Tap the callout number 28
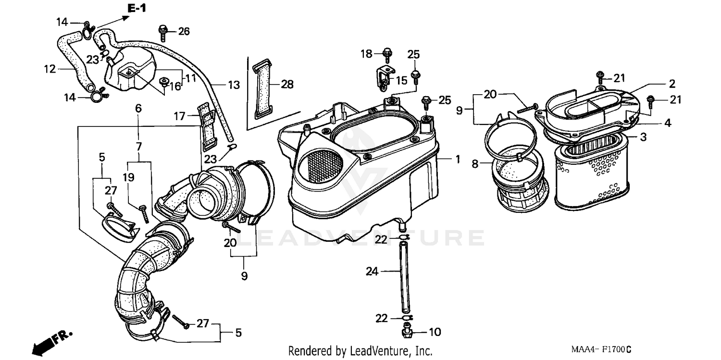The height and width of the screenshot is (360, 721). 287,85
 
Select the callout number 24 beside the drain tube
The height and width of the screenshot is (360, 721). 372,272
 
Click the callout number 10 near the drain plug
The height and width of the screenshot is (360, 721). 434,332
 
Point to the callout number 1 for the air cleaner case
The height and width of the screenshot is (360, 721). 458,159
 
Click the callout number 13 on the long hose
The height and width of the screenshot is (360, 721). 234,86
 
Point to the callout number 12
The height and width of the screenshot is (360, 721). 50,69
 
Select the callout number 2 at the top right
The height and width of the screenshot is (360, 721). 671,84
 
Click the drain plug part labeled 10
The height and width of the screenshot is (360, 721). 407,331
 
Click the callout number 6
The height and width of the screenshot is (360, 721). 138,109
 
